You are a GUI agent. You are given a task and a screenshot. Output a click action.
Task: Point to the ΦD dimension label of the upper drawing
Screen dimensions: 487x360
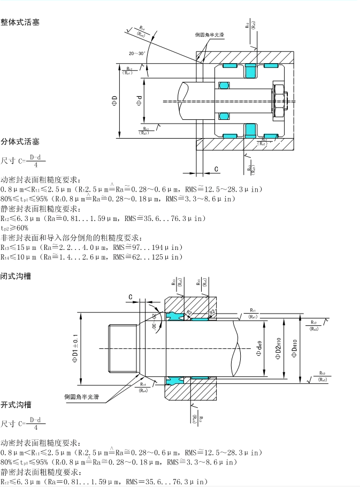pos(114,100)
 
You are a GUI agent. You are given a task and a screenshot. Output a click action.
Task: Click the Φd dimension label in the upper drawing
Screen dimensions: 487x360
pos(139,100)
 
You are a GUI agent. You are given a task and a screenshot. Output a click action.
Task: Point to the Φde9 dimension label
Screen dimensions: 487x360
pos(259,349)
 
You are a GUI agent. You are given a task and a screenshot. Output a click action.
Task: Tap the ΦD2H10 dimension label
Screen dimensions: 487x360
pos(278,349)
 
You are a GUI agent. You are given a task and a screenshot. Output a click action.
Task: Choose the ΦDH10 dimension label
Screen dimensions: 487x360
pos(295,349)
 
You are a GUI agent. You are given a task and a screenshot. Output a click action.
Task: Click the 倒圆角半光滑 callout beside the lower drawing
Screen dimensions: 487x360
pos(84,397)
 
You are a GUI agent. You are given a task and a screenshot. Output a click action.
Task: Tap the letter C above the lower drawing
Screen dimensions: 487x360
pos(130,296)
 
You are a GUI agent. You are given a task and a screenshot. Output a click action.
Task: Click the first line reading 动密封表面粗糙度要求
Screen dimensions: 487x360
pos(40,179)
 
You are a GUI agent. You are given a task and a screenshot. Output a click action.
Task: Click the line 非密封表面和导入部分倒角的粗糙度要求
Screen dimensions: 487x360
pos(70,238)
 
